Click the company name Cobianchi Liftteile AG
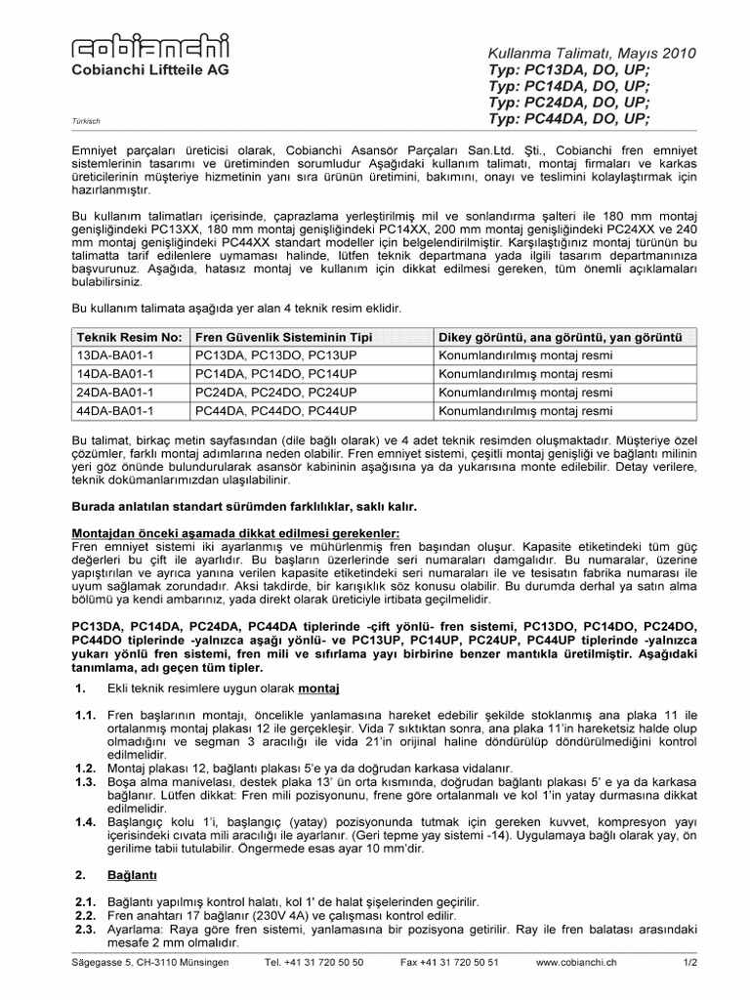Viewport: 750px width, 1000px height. point(143,72)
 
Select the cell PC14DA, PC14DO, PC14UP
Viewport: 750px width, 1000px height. point(276,373)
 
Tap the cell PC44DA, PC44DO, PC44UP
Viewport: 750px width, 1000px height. point(276,411)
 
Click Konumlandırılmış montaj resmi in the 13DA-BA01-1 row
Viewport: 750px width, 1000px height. point(525,354)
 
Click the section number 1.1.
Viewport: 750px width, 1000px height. point(83,716)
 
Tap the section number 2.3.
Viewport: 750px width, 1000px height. point(83,930)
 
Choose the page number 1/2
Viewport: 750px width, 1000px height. point(687,963)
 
